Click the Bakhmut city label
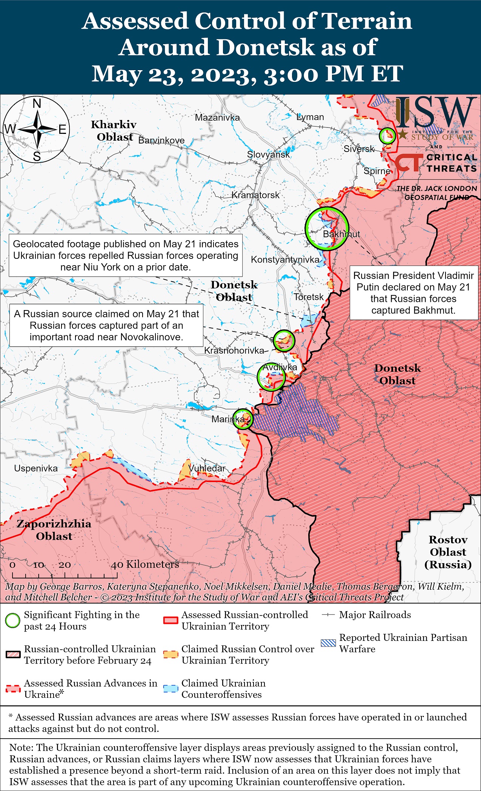tap(341, 234)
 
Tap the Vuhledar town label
tap(207, 468)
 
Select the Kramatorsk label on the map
tap(255, 195)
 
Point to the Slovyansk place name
tap(268, 154)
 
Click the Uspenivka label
tap(36, 468)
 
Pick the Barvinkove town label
tap(161, 140)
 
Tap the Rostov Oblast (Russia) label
tap(448, 551)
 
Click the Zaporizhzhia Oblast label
tap(54, 530)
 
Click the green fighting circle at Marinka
tap(243, 419)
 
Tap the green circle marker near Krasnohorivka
tap(284, 341)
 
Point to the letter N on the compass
tap(37, 103)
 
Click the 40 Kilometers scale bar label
tap(145, 564)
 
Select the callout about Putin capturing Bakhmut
tap(413, 293)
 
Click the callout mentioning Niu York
tap(126, 255)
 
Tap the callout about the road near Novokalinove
tap(106, 325)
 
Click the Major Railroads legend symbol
tap(328, 614)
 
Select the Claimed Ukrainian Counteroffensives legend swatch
tap(171, 688)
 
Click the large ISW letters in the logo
tap(434, 112)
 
